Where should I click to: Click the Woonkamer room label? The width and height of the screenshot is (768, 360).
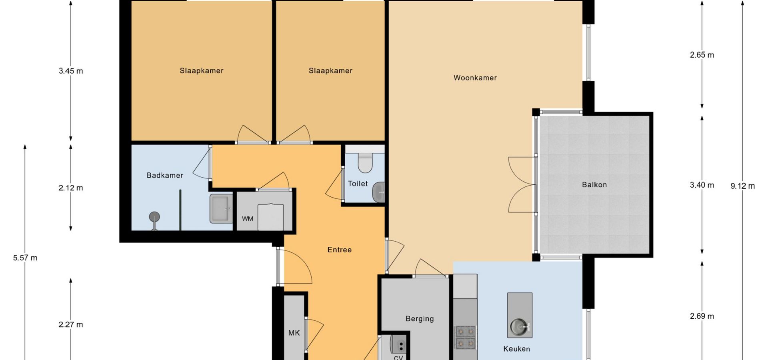[475, 78]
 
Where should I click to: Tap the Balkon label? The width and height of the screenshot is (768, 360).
[594, 185]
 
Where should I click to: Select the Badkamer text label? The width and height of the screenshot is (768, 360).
[165, 175]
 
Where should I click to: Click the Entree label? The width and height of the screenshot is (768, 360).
[340, 250]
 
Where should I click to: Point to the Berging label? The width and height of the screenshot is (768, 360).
[420, 319]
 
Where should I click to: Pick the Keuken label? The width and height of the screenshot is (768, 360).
[516, 349]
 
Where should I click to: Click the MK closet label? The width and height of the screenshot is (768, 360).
[294, 333]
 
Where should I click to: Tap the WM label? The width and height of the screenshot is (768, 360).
[248, 219]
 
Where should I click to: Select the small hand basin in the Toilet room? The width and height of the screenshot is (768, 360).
[378, 192]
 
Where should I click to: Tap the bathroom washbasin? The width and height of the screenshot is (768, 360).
[221, 208]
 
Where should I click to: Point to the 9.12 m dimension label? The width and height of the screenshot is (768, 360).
[743, 186]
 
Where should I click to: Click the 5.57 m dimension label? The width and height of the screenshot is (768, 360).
[25, 258]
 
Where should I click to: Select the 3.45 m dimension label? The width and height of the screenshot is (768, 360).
[71, 71]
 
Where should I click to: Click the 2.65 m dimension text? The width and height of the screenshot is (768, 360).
[702, 55]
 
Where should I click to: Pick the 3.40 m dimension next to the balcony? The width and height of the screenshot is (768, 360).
[702, 185]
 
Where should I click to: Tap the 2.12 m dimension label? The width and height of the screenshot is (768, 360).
[71, 188]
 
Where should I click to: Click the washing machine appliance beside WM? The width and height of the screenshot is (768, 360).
[271, 217]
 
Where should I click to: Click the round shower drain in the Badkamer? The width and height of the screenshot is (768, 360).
[154, 217]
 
